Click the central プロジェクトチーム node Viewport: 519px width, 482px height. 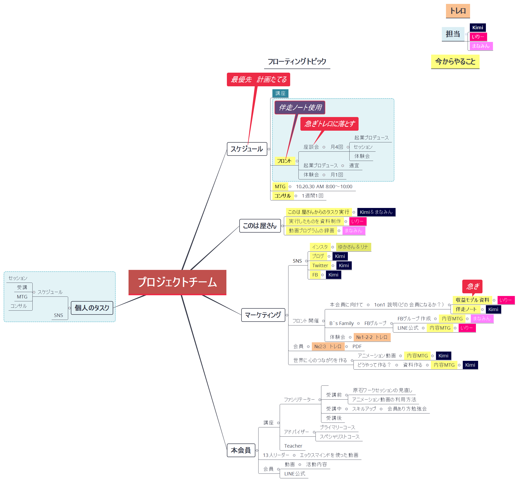pyautogui.click(x=177, y=282)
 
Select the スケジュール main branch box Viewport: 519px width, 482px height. pyautogui.click(x=247, y=149)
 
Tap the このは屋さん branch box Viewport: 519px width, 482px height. pyautogui.click(x=260, y=226)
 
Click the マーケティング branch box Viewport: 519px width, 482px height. pyautogui.click(x=263, y=315)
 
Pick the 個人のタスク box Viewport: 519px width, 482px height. pyautogui.click(x=92, y=308)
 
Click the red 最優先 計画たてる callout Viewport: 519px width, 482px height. pyautogui.click(x=258, y=79)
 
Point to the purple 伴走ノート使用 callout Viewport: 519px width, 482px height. pyautogui.click(x=300, y=108)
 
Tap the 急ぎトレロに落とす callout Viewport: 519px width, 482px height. pyautogui.click(x=329, y=124)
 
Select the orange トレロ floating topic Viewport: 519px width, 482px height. pyautogui.click(x=458, y=11)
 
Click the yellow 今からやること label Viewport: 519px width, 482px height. pyautogui.click(x=455, y=61)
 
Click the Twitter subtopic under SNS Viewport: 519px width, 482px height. pyautogui.click(x=320, y=266)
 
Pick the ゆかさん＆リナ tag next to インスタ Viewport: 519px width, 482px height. pyautogui.click(x=353, y=247)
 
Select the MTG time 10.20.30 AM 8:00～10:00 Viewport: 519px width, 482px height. pyautogui.click(x=324, y=187)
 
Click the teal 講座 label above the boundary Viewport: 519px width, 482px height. pyautogui.click(x=280, y=93)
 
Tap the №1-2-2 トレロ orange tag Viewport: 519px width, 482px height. pyautogui.click(x=372, y=337)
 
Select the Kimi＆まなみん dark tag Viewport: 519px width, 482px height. pyautogui.click(x=376, y=212)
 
